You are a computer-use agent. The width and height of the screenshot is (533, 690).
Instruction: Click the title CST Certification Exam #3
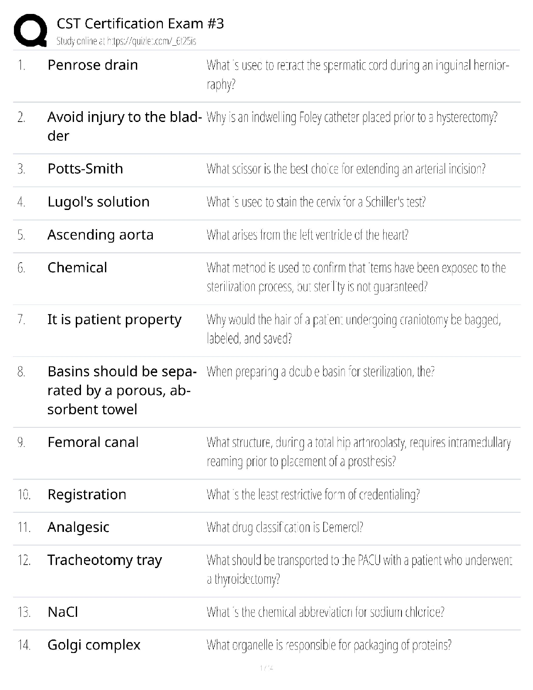click(x=140, y=24)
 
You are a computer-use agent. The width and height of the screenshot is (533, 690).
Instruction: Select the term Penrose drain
click(x=92, y=65)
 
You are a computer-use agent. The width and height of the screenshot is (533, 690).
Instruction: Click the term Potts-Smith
click(x=85, y=169)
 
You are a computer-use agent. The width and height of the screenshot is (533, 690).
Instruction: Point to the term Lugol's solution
click(x=98, y=202)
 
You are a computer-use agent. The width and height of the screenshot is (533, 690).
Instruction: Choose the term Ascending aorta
click(x=100, y=235)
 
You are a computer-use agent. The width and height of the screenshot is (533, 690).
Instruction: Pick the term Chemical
click(x=77, y=267)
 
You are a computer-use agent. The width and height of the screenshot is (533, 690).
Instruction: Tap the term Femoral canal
click(x=93, y=442)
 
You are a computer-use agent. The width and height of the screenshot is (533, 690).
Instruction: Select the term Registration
click(x=87, y=494)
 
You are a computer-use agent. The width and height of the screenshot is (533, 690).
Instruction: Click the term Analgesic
click(x=78, y=527)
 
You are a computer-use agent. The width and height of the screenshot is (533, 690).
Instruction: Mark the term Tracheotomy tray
click(x=105, y=560)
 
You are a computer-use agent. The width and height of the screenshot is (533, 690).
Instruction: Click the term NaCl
click(x=63, y=612)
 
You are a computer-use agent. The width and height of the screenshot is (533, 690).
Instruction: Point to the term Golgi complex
click(x=94, y=645)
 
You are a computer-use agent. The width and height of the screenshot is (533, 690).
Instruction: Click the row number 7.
click(x=21, y=319)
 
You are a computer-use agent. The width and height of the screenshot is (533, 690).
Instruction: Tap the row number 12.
click(x=24, y=560)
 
